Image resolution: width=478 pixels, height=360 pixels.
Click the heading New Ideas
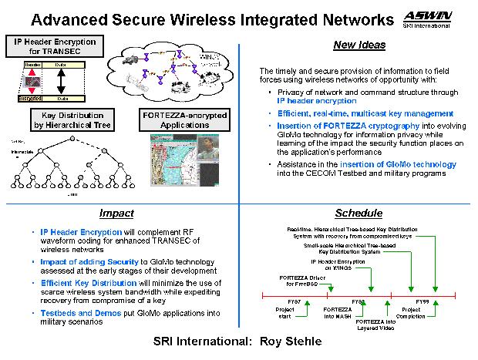(x=355, y=45)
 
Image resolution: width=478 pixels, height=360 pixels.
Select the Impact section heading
(x=118, y=214)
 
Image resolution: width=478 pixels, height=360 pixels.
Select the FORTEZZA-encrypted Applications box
(x=181, y=121)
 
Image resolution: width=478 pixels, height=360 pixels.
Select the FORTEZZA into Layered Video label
(x=375, y=325)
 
